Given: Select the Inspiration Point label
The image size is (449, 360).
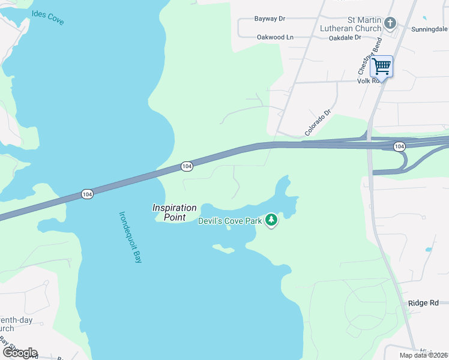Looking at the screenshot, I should tap(174, 212).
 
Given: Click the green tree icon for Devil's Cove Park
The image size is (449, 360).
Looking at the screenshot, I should tap(272, 220).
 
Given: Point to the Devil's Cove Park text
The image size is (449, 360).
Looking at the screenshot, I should tap(231, 221).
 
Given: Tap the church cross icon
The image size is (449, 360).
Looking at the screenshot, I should tap(390, 23).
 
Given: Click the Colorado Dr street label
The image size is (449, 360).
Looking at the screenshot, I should tap(318, 122).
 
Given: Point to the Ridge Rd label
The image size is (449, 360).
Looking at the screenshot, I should tap(423, 303).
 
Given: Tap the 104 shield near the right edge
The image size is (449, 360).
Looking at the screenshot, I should tap(399, 146).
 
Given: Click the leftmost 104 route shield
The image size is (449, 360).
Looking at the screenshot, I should tap(87, 194).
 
